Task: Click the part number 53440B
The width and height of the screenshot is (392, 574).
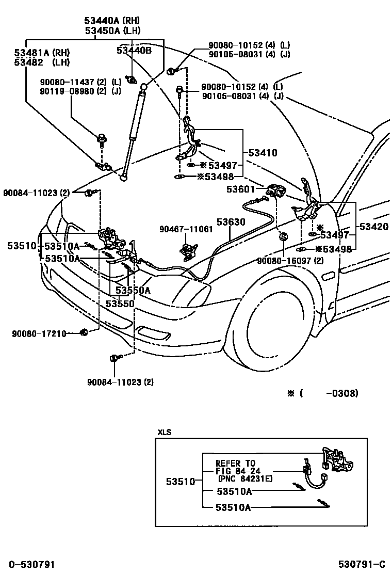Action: point(134,50)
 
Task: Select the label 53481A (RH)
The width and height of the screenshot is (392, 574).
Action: point(42,53)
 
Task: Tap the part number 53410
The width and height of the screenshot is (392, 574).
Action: point(263,153)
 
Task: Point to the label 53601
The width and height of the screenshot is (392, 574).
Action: point(240,189)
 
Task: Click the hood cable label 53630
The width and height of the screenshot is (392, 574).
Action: point(231,222)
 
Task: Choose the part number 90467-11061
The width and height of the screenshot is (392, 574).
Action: point(186,229)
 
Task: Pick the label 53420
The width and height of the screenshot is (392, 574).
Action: point(374,227)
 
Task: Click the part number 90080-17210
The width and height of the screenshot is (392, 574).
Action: point(39,333)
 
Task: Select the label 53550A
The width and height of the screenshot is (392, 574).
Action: point(133,290)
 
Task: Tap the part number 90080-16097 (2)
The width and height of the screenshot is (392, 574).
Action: point(290,261)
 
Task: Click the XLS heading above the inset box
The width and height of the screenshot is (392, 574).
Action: point(164,433)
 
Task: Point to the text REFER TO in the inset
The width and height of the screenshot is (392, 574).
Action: point(235,463)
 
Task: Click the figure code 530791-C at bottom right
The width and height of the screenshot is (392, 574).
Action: point(362,564)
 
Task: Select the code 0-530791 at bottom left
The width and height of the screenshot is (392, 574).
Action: point(31,564)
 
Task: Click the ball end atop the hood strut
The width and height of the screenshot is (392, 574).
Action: point(144,87)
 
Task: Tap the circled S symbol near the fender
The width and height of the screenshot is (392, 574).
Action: point(283,237)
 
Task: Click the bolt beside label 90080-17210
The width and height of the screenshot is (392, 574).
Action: point(84,332)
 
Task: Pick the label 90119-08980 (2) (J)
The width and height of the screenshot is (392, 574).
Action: point(80,91)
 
